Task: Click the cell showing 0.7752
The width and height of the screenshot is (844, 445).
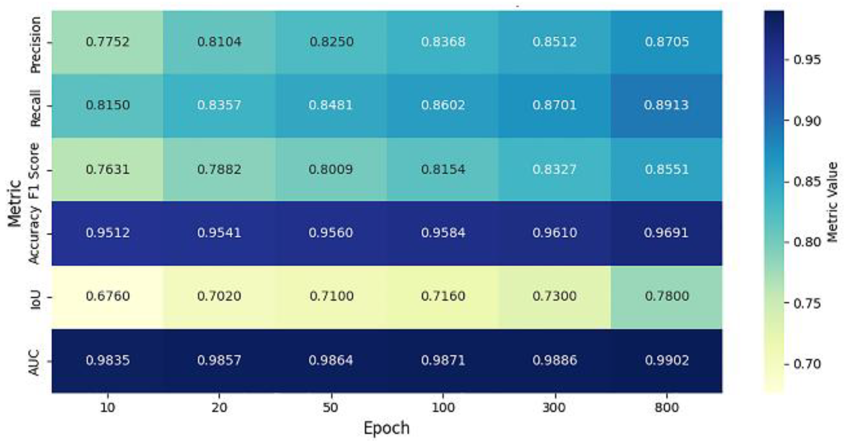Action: coord(107,42)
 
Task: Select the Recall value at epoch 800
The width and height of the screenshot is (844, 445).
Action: coord(666,105)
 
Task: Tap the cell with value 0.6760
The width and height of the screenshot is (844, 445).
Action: coord(107,296)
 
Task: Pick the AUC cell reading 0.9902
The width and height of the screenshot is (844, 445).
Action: coord(666,360)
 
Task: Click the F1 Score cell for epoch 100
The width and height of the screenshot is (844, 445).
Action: coord(443,169)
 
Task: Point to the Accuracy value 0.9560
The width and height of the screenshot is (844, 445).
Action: coord(331,233)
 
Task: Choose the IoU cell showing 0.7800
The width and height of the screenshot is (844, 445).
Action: coord(666,296)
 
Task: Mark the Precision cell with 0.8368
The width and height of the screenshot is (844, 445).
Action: coord(443,42)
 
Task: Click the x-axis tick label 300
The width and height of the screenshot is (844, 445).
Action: coord(554,408)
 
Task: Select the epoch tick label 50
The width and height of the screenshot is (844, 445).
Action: coord(331,408)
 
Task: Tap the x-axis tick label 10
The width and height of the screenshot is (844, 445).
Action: coord(107,408)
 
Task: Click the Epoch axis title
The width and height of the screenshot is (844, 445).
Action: coord(386,428)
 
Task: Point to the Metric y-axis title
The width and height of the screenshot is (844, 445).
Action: coord(15,203)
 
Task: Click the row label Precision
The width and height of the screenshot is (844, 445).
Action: coord(36,44)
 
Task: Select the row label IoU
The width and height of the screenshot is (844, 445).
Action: coord(36,299)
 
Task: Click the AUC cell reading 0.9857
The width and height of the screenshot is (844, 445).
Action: coord(219,360)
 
